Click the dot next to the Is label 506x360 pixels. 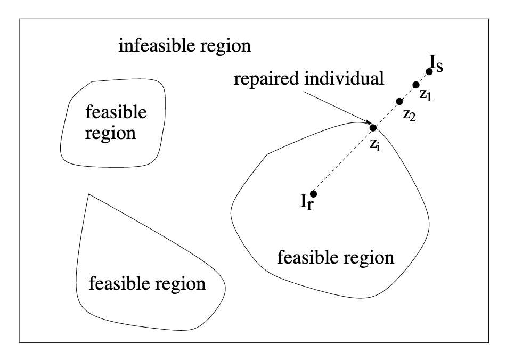429,71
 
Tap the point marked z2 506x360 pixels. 399,101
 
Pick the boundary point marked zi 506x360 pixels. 373,128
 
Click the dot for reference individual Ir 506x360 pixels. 314,193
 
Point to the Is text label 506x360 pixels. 436,67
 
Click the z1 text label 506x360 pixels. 425,95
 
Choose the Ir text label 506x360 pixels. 306,202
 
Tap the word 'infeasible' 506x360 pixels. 153,46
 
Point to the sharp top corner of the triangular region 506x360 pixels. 88,195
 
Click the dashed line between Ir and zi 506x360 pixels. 344,160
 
